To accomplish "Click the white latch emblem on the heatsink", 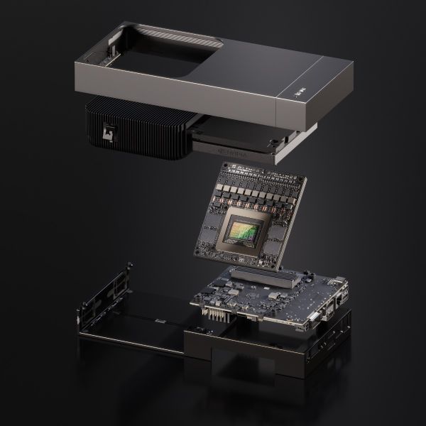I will coord(109,132).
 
